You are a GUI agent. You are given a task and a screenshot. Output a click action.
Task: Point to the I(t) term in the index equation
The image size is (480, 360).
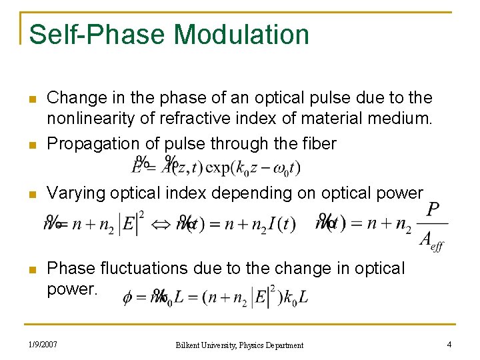(x=281, y=224)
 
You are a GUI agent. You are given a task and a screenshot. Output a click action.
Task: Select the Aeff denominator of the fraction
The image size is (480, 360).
(x=431, y=241)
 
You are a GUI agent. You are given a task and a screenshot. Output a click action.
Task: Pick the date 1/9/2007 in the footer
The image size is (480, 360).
(x=42, y=345)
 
